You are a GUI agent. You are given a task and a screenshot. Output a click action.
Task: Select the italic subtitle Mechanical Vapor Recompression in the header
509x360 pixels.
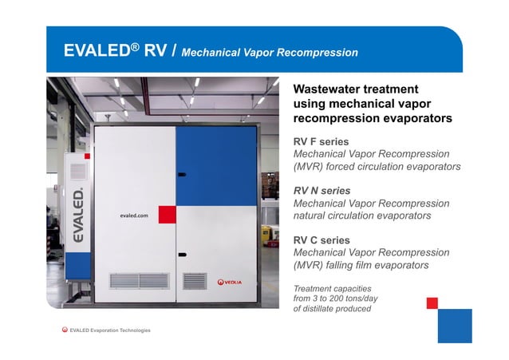coord(270,53)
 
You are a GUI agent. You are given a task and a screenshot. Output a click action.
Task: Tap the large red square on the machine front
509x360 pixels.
coord(167,214)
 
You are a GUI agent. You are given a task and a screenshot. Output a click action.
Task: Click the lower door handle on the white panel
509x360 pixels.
coord(182,255)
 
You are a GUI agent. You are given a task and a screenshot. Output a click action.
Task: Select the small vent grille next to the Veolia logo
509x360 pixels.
coord(195,281)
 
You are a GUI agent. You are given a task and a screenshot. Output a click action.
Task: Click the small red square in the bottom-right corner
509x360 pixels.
coord(432,303)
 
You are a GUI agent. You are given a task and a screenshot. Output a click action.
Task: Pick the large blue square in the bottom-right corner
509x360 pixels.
coord(455,325)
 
